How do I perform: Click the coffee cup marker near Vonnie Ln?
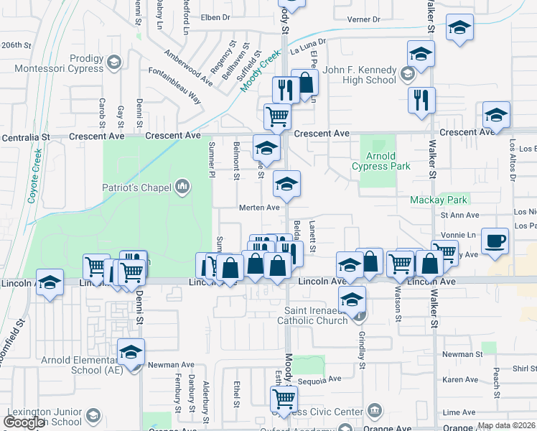[494, 241]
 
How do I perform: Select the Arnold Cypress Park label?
[380, 161]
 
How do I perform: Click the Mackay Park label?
[439, 200]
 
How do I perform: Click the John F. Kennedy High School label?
[360, 75]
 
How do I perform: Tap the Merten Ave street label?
[259, 208]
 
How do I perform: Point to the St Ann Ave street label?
[459, 214]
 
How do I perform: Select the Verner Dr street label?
[363, 19]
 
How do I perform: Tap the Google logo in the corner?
[24, 422]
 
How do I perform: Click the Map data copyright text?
[506, 425]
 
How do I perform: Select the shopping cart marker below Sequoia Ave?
[284, 399]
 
